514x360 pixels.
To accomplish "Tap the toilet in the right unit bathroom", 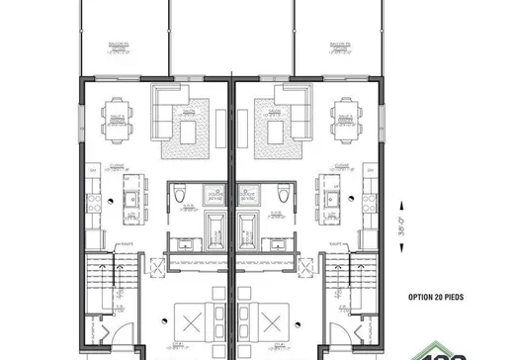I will tap(285, 198).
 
